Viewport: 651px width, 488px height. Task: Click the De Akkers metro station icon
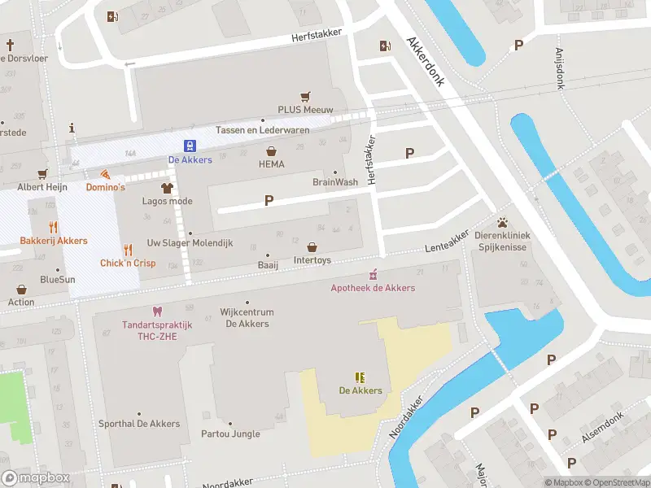(190, 146)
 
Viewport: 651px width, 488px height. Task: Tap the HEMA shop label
(271, 164)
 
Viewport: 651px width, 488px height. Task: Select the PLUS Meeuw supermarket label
(306, 109)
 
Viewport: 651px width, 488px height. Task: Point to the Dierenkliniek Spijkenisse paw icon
(503, 221)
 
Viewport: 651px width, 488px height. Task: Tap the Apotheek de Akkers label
(373, 288)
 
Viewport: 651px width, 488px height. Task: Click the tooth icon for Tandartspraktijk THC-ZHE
(157, 312)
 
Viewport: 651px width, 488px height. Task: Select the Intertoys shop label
(312, 261)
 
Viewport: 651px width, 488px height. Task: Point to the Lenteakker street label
(447, 242)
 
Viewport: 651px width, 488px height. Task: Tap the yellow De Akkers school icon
(360, 377)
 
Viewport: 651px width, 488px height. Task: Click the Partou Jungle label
(230, 434)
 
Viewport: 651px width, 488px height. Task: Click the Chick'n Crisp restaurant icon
(128, 250)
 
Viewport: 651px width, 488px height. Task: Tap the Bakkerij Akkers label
(54, 241)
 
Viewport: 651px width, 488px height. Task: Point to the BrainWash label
(334, 182)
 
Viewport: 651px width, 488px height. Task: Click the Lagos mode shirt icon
(168, 187)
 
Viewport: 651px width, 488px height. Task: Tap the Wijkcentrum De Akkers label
(247, 318)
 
